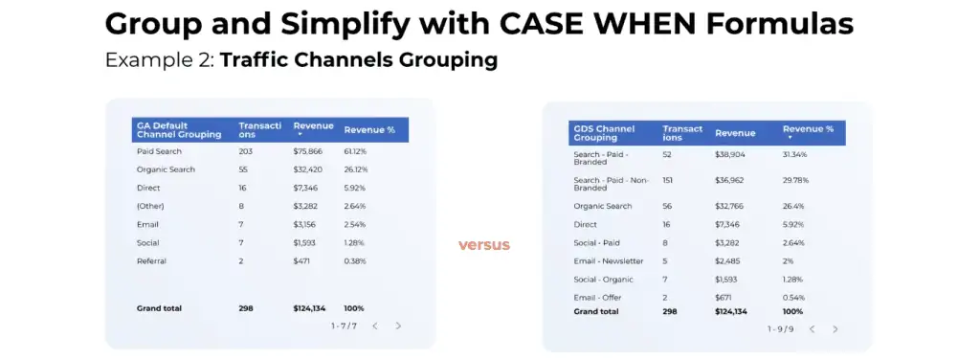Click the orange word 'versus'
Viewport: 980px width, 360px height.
pyautogui.click(x=483, y=245)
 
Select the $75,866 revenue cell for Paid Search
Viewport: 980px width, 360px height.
pyautogui.click(x=307, y=151)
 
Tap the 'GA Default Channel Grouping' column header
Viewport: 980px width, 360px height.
pyautogui.click(x=179, y=129)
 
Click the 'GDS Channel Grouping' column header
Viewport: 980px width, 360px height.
pyautogui.click(x=604, y=132)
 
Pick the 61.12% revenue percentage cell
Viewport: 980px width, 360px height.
pyautogui.click(x=356, y=151)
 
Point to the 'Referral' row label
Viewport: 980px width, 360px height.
pyautogui.click(x=151, y=260)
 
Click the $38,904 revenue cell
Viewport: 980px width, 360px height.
pyautogui.click(x=731, y=154)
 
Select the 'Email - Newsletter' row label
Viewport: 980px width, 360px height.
pyautogui.click(x=609, y=260)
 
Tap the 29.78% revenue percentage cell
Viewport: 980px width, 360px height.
pyautogui.click(x=796, y=180)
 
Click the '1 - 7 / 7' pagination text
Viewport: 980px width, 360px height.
pyautogui.click(x=344, y=326)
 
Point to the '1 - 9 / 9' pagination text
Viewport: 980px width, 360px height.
pyautogui.click(x=780, y=328)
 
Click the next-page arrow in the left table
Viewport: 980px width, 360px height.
pyautogui.click(x=398, y=326)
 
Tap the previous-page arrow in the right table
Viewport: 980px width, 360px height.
pyautogui.click(x=812, y=328)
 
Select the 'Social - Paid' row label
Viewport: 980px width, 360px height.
pyautogui.click(x=598, y=242)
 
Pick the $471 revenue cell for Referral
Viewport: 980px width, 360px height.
pyautogui.click(x=302, y=260)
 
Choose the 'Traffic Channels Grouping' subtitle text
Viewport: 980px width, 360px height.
pyautogui.click(x=358, y=60)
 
